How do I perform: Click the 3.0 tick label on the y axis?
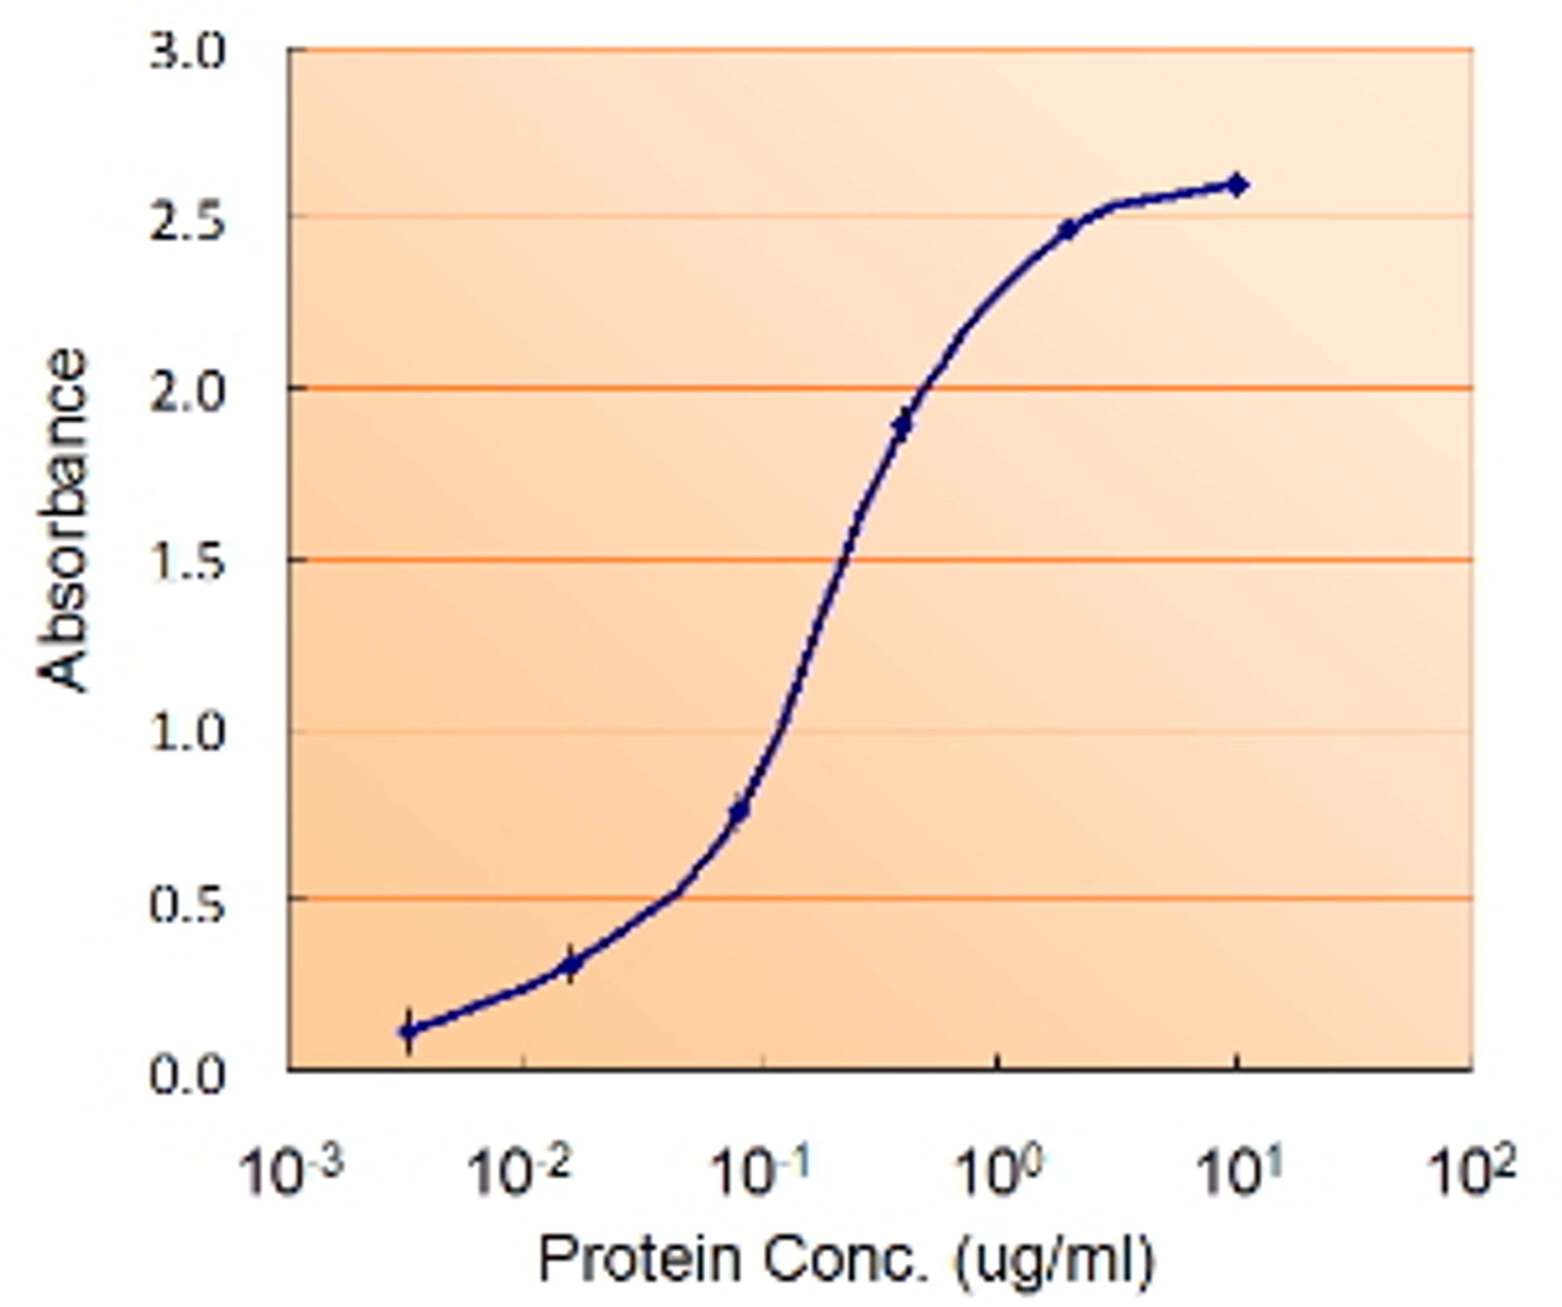click(x=186, y=54)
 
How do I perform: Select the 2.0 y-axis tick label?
click(x=186, y=393)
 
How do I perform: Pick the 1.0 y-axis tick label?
click(x=186, y=734)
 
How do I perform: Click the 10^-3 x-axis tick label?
click(x=290, y=1174)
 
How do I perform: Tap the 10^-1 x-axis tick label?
click(x=759, y=1174)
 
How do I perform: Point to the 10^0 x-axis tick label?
click(x=997, y=1174)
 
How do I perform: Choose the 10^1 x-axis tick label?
click(x=1239, y=1174)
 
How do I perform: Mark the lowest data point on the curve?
click(x=408, y=1031)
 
